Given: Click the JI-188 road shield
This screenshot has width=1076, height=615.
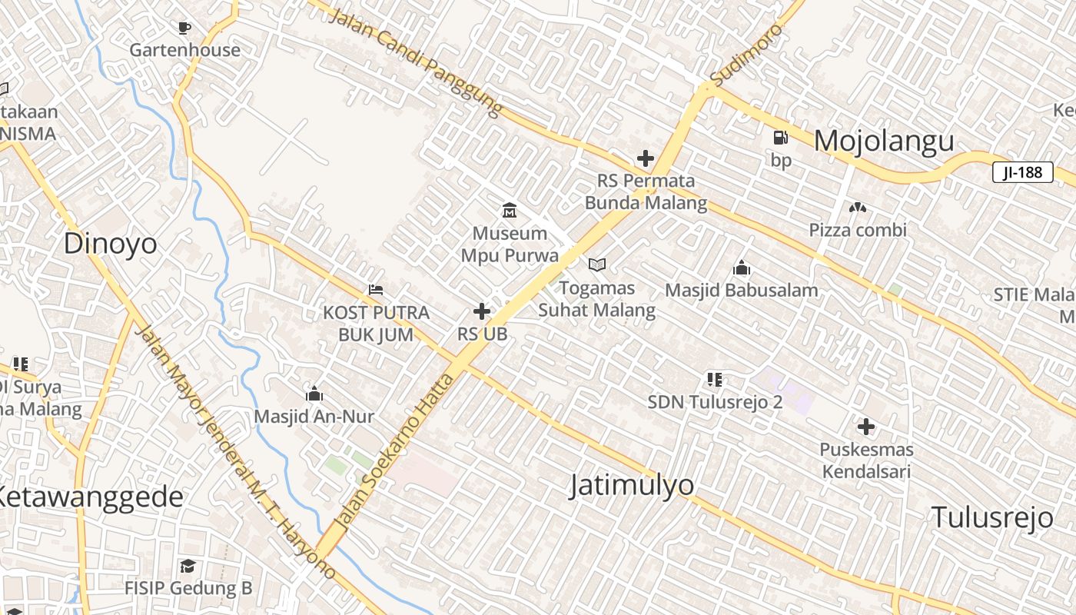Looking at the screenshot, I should pos(1022,172).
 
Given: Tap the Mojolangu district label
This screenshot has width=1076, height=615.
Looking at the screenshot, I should pos(884,141).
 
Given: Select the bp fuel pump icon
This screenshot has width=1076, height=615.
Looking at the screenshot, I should pos(780,138).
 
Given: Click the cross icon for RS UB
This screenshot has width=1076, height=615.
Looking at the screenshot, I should pos(482,311).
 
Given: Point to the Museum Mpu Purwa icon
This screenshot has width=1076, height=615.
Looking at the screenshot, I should pos(509,210).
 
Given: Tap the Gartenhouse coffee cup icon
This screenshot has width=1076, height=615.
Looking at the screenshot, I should pos(184,28).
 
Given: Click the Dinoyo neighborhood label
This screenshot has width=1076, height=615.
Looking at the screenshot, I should pos(110,244).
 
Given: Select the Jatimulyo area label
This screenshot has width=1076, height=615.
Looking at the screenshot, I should pos(632,485).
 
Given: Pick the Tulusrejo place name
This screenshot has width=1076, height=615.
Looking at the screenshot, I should pos(991,517).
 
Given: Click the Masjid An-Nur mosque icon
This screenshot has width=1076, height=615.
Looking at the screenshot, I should pos(314,394).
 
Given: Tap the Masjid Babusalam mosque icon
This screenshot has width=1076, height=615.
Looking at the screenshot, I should pos(741,268).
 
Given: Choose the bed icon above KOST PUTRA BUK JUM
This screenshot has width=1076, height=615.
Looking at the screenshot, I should pos(376,290).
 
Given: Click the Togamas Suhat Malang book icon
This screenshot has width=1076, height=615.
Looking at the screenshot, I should pos(596,265).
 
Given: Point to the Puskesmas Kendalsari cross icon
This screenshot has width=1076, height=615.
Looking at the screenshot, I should pos(866,427).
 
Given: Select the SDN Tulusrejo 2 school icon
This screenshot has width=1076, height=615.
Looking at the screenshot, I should pos(715,379).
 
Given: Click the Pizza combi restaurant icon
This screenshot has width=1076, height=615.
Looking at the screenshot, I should pos(858,208).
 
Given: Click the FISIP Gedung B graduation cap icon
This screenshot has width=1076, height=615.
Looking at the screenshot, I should pos(188,567).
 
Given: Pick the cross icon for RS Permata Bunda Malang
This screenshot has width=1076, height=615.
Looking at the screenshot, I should pos(646,159).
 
